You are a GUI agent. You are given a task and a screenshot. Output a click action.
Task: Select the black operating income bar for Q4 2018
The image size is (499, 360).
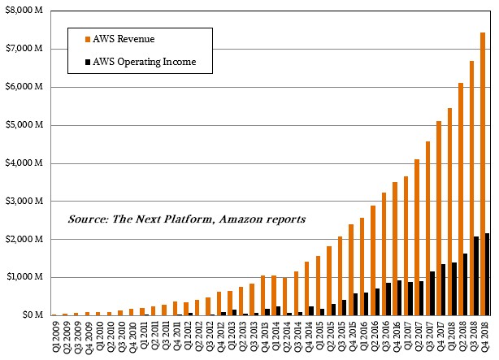tap(487, 275)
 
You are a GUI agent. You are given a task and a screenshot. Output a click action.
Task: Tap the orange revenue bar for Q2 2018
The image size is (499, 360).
tap(461, 199)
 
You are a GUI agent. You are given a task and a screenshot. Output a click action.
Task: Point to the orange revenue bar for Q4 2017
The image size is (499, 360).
tap(439, 218)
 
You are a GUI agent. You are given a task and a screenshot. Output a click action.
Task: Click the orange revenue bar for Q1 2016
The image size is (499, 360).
tap(362, 267)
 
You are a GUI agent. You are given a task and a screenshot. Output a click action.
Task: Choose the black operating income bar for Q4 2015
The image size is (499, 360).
tap(355, 304)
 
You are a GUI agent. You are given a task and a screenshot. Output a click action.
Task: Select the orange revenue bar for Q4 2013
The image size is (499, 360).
tap(263, 295)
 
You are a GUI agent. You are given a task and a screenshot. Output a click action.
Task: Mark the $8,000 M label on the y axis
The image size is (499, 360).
tap(24, 11)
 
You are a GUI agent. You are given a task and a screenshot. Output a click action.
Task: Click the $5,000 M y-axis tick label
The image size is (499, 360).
tap(24, 124)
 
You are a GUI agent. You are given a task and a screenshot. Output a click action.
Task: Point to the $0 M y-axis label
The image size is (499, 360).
tap(33, 314)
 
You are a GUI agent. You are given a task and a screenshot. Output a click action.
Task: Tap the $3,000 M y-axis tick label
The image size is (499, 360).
tap(24, 202)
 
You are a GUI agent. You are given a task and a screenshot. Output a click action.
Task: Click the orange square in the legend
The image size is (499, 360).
tap(88, 40)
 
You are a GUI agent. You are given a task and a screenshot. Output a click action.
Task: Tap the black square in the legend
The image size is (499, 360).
tap(88, 63)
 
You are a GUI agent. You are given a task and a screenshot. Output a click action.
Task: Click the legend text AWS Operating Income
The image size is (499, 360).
tap(144, 62)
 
